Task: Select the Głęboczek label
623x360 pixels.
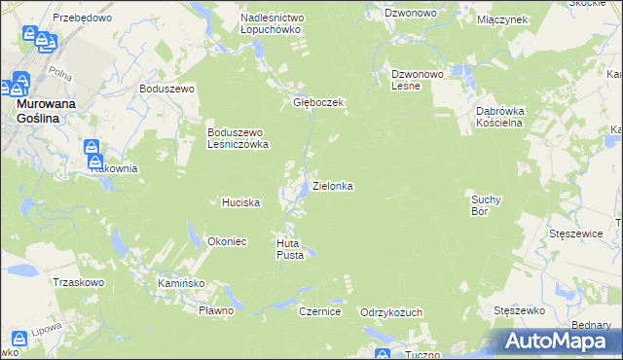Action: click(x=314, y=101)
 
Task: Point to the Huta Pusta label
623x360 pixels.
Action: click(x=291, y=248)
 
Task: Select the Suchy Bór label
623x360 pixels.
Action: click(x=485, y=203)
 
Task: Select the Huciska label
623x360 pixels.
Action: click(x=239, y=202)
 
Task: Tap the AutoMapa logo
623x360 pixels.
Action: click(x=561, y=341)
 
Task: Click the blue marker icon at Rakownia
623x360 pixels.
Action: click(x=92, y=151)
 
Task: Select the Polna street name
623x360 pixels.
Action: click(x=60, y=74)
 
